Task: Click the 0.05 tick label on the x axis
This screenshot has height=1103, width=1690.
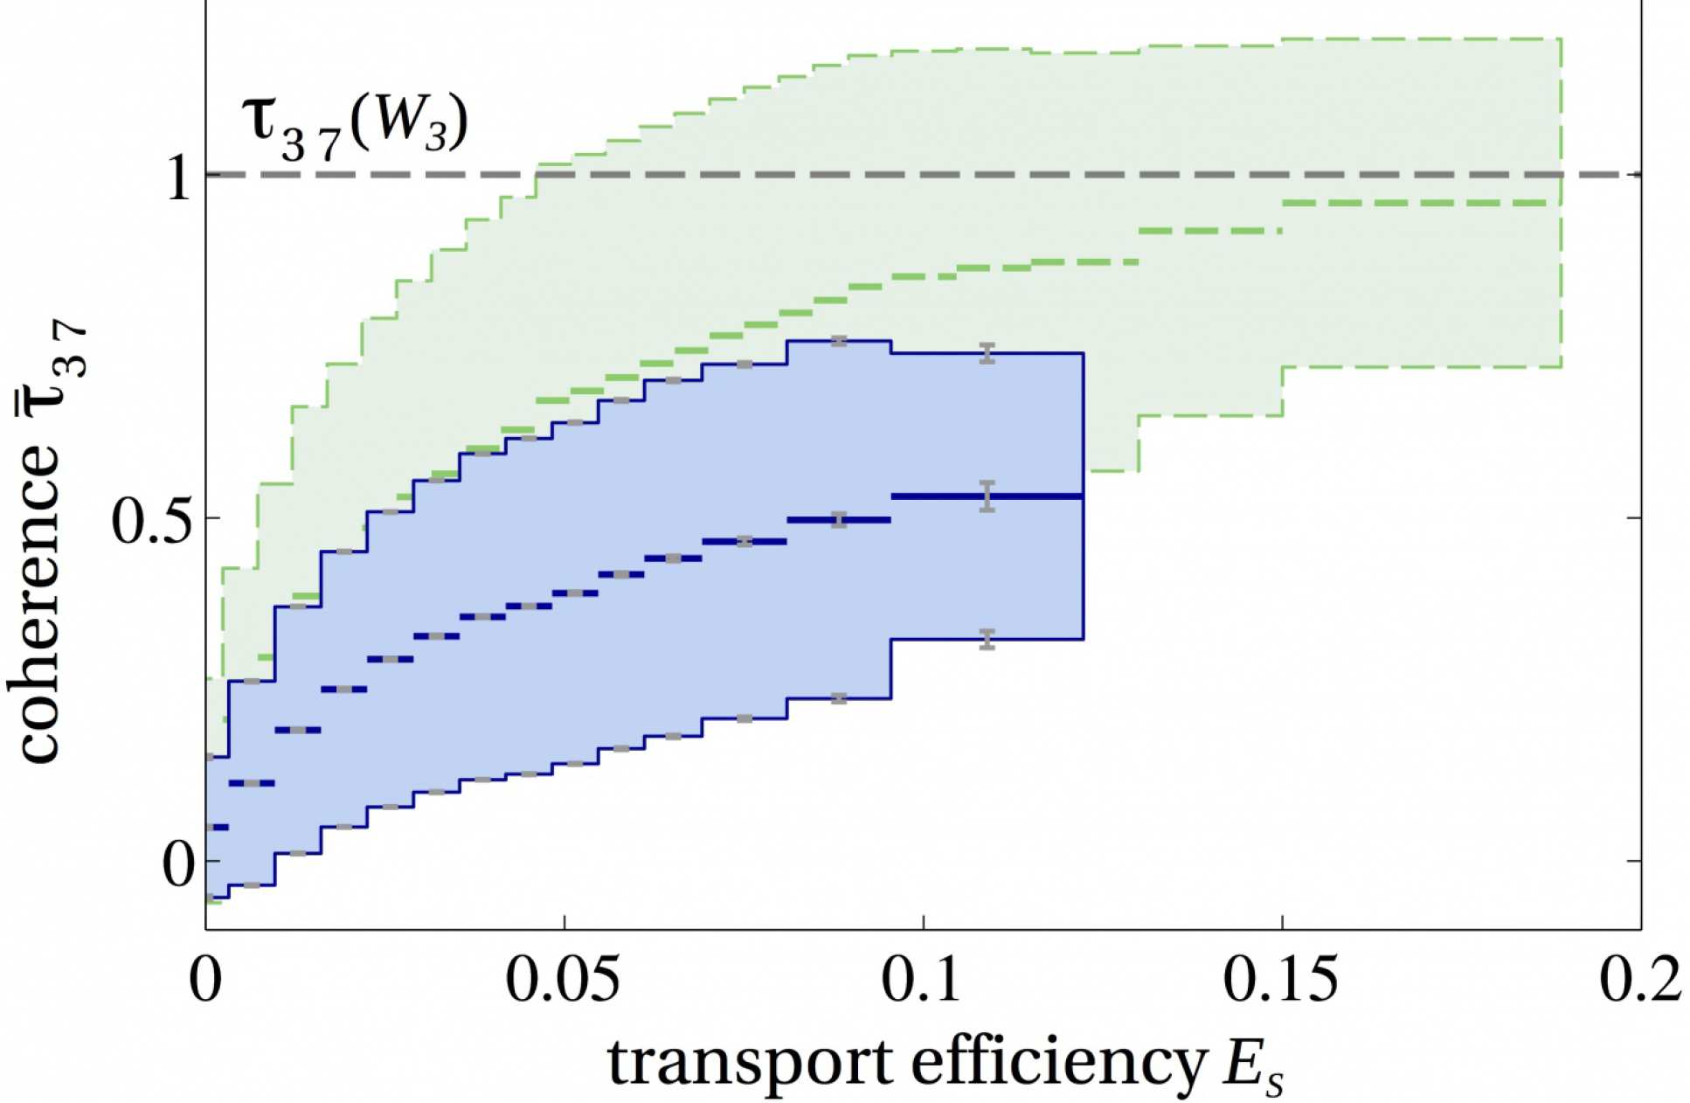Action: (564, 982)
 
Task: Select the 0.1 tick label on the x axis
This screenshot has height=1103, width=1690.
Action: (924, 982)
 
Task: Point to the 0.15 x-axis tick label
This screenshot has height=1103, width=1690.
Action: (1281, 982)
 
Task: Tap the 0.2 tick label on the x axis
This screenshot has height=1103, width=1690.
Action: (1639, 982)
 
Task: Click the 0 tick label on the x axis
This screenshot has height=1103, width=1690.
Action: (205, 982)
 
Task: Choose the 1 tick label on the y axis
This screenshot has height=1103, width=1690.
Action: (178, 180)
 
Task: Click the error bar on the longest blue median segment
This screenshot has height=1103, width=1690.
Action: (987, 496)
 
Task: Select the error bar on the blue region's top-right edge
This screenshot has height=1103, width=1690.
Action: (987, 353)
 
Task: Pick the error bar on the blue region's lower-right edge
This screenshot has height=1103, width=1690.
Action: (987, 639)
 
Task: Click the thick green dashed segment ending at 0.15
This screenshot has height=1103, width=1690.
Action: (1209, 231)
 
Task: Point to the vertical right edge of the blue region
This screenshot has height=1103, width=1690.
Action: (1083, 496)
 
